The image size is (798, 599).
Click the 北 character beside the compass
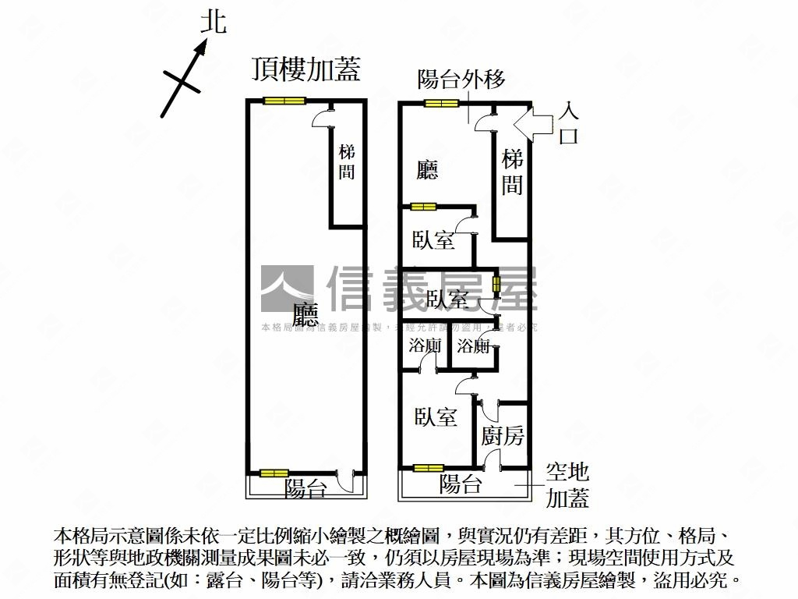[213, 22]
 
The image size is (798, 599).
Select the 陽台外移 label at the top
[461, 79]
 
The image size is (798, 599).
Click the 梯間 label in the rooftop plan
[347, 162]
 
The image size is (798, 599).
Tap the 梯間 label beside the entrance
[512, 172]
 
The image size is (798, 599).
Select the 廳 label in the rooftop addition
[305, 314]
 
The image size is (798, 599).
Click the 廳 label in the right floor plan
[427, 170]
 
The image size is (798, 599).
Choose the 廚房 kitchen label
[503, 437]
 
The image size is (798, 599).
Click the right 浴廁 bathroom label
[473, 346]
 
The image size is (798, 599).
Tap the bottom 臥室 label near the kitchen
[436, 417]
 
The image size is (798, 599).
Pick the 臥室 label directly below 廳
[434, 240]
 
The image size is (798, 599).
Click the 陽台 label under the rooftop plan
[305, 488]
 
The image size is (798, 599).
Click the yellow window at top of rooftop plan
[284, 101]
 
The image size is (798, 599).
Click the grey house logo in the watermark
[287, 289]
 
